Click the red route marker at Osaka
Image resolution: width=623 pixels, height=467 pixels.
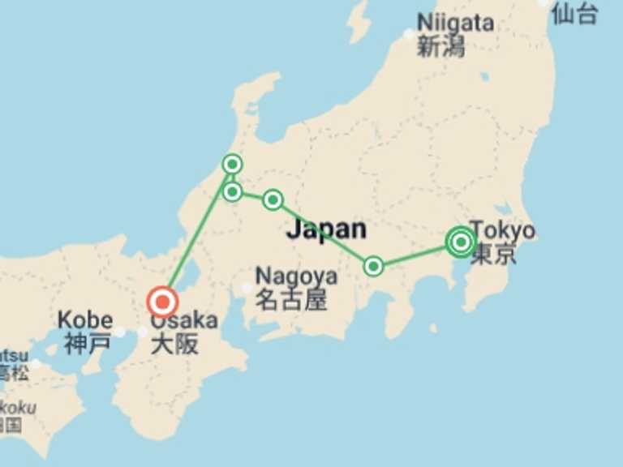[x=162, y=302]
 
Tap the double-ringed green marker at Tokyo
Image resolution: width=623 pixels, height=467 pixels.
[x=461, y=242]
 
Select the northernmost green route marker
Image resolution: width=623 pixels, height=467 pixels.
[x=232, y=165]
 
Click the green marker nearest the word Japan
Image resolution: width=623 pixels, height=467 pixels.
[x=273, y=199]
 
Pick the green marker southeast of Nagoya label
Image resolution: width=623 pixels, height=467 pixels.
[x=373, y=266]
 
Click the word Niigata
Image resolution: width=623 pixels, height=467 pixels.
[x=455, y=22]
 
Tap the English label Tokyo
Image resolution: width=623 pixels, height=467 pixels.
[x=502, y=230]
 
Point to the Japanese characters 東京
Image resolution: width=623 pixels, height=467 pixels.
[x=493, y=255]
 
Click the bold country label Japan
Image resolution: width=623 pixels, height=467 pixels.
[x=326, y=229]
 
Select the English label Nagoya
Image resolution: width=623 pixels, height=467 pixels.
[x=296, y=276]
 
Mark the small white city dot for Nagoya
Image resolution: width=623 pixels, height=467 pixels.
[x=247, y=288]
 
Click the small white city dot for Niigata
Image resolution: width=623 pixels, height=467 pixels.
[x=409, y=34]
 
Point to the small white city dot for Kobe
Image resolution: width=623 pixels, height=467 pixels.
[x=120, y=332]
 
